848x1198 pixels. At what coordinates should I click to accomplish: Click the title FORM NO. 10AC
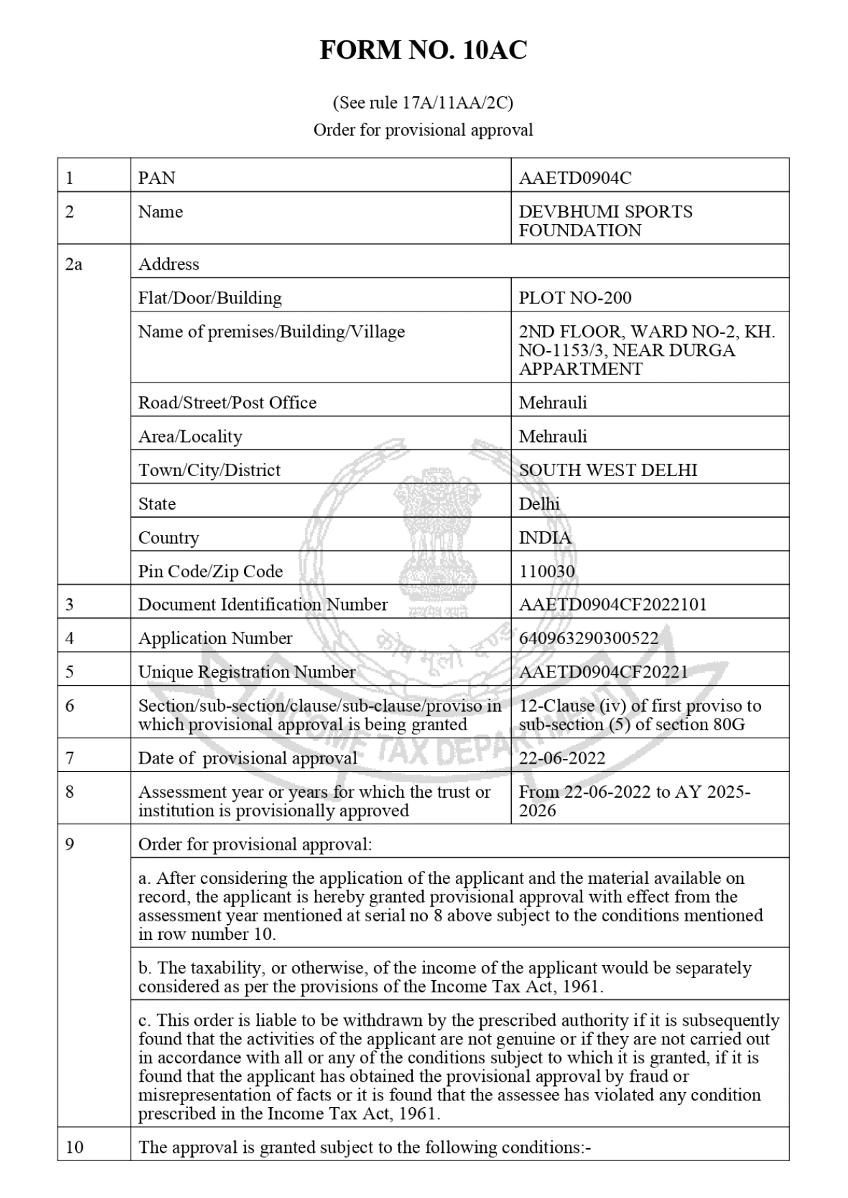point(423,51)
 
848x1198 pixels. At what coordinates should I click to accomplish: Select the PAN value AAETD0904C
point(575,178)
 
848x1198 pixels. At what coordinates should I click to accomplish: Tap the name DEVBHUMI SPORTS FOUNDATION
point(605,221)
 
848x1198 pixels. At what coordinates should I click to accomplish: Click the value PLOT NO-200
point(575,298)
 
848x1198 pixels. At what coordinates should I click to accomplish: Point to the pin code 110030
point(547,571)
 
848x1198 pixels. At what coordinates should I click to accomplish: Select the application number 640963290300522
point(588,638)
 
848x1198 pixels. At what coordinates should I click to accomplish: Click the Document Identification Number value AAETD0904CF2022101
point(612,604)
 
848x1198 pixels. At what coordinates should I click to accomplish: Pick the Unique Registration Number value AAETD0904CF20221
point(603,672)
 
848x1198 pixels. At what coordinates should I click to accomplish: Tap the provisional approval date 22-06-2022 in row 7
point(562,758)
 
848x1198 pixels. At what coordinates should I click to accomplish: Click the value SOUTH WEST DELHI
point(607,470)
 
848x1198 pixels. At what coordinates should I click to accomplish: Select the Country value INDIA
point(545,538)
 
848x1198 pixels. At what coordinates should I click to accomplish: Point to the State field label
point(157,504)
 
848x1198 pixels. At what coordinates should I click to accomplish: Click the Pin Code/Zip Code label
point(210,571)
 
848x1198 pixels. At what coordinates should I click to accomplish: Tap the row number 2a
point(74,264)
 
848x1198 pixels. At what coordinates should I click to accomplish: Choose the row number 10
point(74,1147)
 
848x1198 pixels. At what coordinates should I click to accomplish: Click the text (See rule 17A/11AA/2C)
point(423,103)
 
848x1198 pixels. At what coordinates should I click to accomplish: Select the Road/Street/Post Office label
point(228,402)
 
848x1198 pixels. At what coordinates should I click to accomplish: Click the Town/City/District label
point(209,470)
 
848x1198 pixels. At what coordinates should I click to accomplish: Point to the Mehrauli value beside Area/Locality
point(553,436)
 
